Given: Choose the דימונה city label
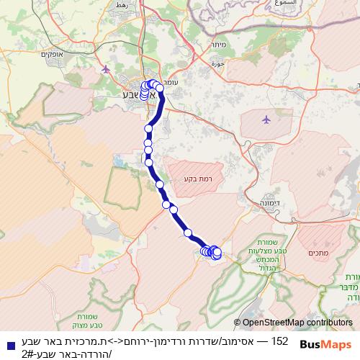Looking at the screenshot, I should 266,204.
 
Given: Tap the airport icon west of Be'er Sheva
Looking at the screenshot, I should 107,69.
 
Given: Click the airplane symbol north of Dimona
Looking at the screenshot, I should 266,119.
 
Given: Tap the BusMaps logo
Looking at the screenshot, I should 325,344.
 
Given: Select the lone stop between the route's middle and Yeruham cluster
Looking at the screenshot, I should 189,233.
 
